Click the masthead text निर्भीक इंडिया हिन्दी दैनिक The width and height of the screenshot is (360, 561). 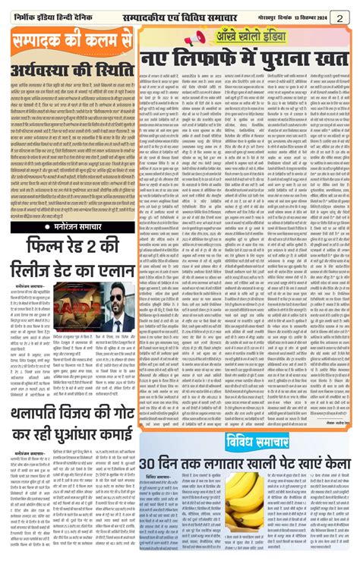coord(54,15)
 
